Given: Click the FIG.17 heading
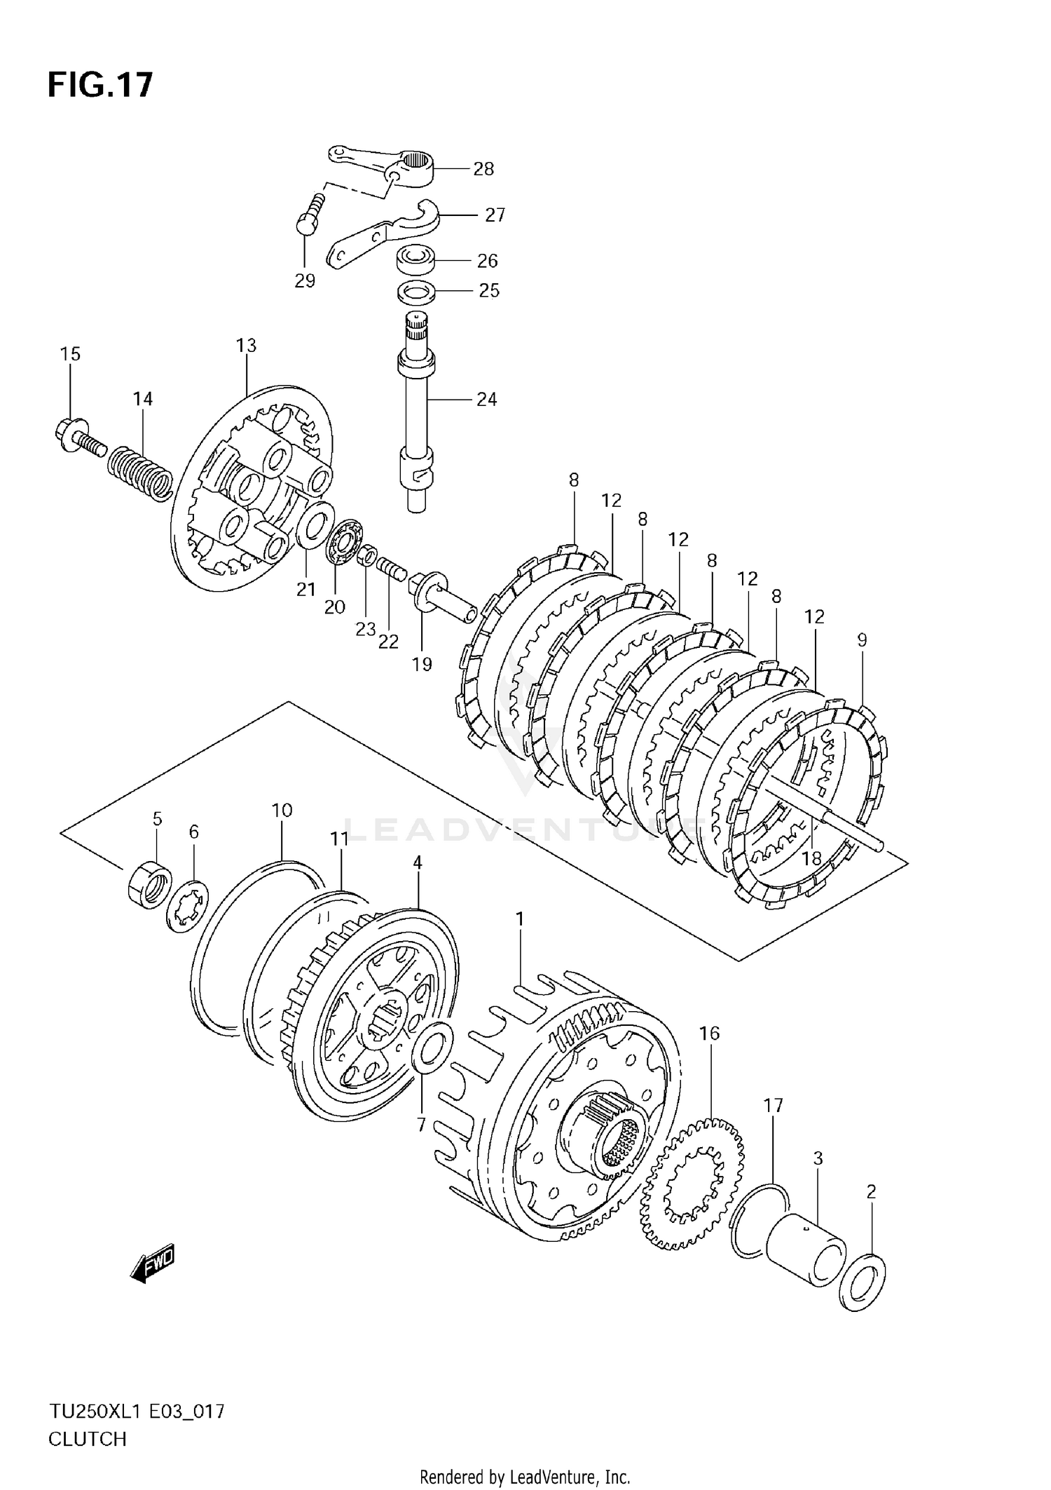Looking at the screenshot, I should [100, 86].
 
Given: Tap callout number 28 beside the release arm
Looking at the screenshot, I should [483, 169].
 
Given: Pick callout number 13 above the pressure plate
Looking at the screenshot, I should [246, 346].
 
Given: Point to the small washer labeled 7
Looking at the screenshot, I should [432, 1048].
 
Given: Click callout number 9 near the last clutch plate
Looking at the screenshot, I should [862, 639].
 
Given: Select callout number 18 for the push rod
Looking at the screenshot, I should [811, 858].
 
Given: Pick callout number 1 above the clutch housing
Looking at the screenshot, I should [519, 918].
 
